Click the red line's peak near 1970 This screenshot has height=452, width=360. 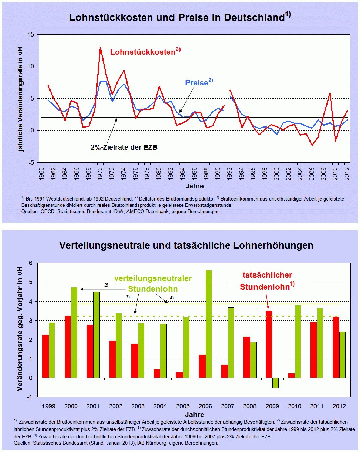click(100, 48)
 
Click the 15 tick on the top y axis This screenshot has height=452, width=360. click(31, 34)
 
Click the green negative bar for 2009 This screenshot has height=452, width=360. click(275, 383)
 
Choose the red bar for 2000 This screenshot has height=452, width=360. click(67, 347)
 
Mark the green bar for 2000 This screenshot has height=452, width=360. click(74, 332)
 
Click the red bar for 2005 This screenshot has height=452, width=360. click(179, 375)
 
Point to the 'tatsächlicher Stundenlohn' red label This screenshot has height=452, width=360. click(267, 281)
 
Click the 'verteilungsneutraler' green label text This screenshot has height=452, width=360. click(160, 278)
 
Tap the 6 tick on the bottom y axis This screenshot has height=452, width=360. click(31, 263)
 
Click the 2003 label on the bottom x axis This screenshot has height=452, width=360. click(138, 405)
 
